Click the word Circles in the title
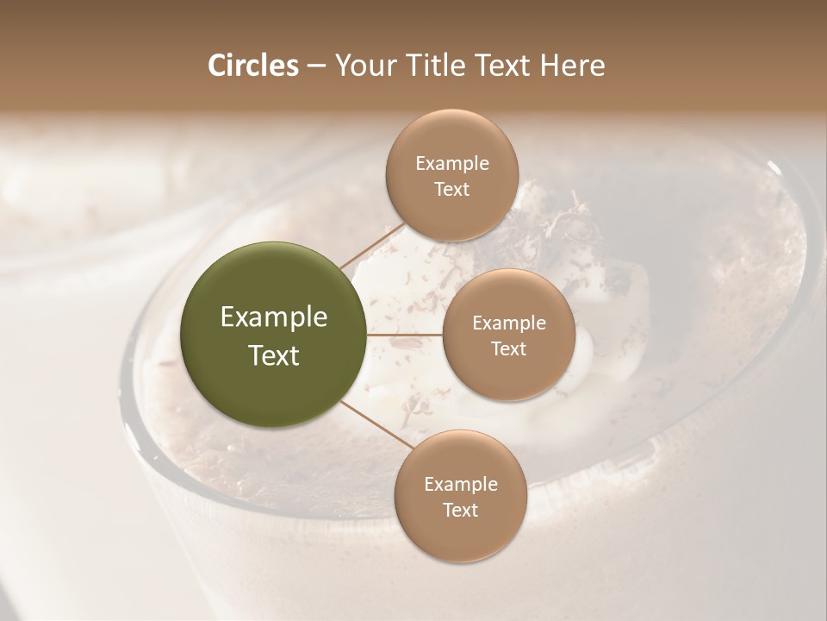point(253,66)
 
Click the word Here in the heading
point(574,66)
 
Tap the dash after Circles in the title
point(316,66)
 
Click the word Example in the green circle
point(274,317)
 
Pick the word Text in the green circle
point(274,355)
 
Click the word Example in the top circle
point(452,164)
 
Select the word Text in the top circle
point(451,190)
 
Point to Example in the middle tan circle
point(509,323)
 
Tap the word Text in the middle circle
point(508,349)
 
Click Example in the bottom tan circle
point(461,485)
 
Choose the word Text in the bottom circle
point(460,511)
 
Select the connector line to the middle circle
point(405,334)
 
